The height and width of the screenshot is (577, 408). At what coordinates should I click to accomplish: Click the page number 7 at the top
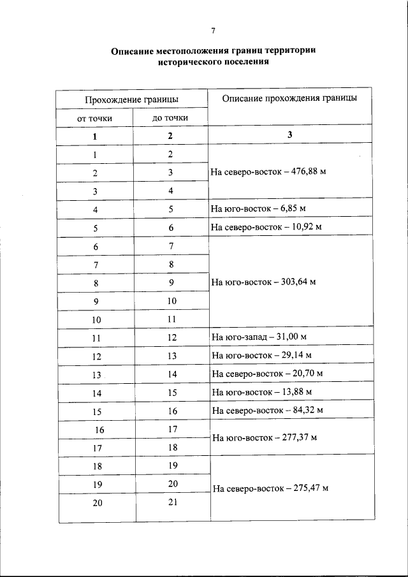coord(214,30)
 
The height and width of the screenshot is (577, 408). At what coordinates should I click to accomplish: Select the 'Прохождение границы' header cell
coord(132,99)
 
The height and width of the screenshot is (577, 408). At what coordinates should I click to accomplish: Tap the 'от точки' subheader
coord(94,118)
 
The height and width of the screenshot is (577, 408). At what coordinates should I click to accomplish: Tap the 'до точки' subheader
coord(170,118)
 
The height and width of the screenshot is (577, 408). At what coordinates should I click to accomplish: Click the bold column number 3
coord(289,135)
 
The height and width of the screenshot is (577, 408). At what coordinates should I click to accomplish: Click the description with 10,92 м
coord(266,227)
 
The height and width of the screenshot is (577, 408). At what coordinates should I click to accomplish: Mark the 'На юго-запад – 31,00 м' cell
coord(261,337)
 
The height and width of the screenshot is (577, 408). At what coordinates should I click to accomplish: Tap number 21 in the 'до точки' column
coord(171,502)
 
